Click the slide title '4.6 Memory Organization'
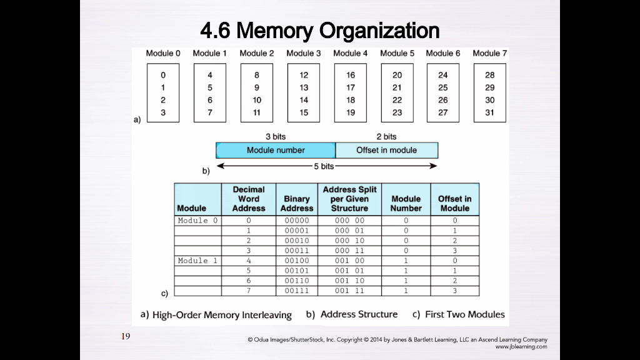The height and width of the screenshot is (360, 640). [x=319, y=30]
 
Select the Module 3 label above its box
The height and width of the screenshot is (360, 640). [x=304, y=53]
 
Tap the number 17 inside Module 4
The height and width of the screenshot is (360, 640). [x=351, y=87]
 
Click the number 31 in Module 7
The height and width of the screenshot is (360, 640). [x=489, y=112]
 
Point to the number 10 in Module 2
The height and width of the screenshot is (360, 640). [x=257, y=100]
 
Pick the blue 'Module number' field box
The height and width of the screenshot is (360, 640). [x=276, y=150]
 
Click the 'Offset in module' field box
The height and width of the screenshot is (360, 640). [x=386, y=150]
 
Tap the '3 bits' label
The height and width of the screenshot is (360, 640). [x=275, y=136]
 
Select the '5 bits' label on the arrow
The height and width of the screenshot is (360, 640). [x=324, y=166]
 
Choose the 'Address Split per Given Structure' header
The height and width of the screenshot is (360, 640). [x=349, y=199]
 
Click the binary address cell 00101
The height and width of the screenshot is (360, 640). [x=297, y=271]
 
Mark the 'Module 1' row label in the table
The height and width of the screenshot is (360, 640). [x=197, y=261]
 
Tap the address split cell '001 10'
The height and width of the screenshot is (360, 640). [x=349, y=281]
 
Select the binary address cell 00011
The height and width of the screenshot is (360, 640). [x=297, y=251]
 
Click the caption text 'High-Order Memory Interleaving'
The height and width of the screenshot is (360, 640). [x=222, y=315]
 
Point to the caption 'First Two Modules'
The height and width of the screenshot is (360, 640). [x=464, y=314]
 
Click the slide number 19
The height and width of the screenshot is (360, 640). [x=126, y=337]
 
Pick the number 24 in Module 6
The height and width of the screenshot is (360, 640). [x=443, y=75]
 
